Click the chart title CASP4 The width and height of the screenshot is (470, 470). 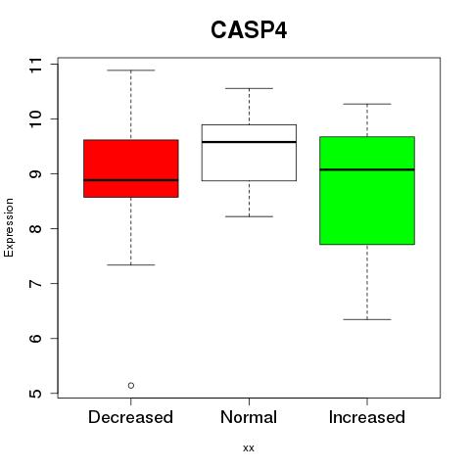point(249,30)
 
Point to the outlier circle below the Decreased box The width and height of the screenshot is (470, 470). point(131,386)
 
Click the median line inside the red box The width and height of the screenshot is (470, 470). point(131,180)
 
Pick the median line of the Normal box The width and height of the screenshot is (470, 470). point(249,142)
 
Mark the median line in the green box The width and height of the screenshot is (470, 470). point(367,169)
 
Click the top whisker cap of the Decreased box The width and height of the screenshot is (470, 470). point(131,70)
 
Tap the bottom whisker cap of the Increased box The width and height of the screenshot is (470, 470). point(367,319)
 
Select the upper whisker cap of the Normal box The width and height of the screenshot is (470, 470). point(249,88)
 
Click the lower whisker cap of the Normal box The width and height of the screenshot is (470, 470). point(249,216)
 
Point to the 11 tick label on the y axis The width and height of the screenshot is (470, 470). point(35,65)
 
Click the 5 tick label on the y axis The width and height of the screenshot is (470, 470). point(35,393)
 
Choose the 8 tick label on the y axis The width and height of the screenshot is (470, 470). point(35,228)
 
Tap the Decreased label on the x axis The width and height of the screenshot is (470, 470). point(130,417)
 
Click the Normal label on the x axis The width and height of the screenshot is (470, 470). point(249,417)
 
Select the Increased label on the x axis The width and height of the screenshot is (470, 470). point(367,417)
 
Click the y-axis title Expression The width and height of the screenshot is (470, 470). point(9,227)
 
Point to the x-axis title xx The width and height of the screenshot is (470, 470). point(249,448)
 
